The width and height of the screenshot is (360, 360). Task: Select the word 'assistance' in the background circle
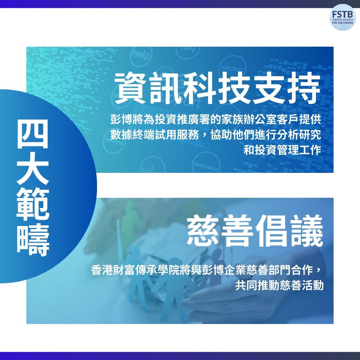coord(206,166)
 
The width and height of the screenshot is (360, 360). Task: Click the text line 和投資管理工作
coord(282,150)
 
